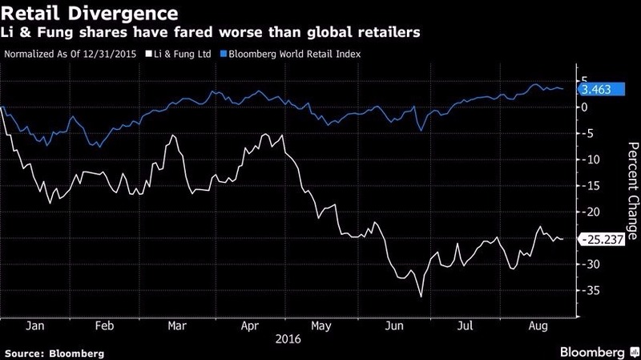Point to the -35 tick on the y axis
click(x=591, y=291)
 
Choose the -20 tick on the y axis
click(x=591, y=212)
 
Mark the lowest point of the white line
click(x=421, y=297)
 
